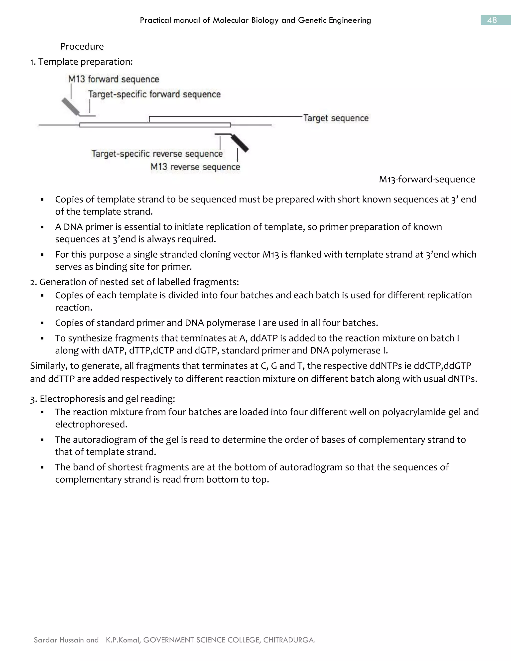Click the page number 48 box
tap(495, 20)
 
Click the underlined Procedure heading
tap(82, 46)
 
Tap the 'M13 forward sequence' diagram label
tap(114, 79)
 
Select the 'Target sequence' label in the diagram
tap(336, 118)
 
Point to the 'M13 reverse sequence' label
tap(195, 167)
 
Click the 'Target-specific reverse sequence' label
tap(157, 154)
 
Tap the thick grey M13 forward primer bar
tap(70, 106)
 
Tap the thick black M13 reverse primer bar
tap(240, 143)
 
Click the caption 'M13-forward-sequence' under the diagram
tap(427, 180)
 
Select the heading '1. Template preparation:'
tap(81, 62)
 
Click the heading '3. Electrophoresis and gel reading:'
tap(103, 399)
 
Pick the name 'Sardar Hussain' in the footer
tap(58, 640)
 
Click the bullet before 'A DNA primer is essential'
tap(42, 227)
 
